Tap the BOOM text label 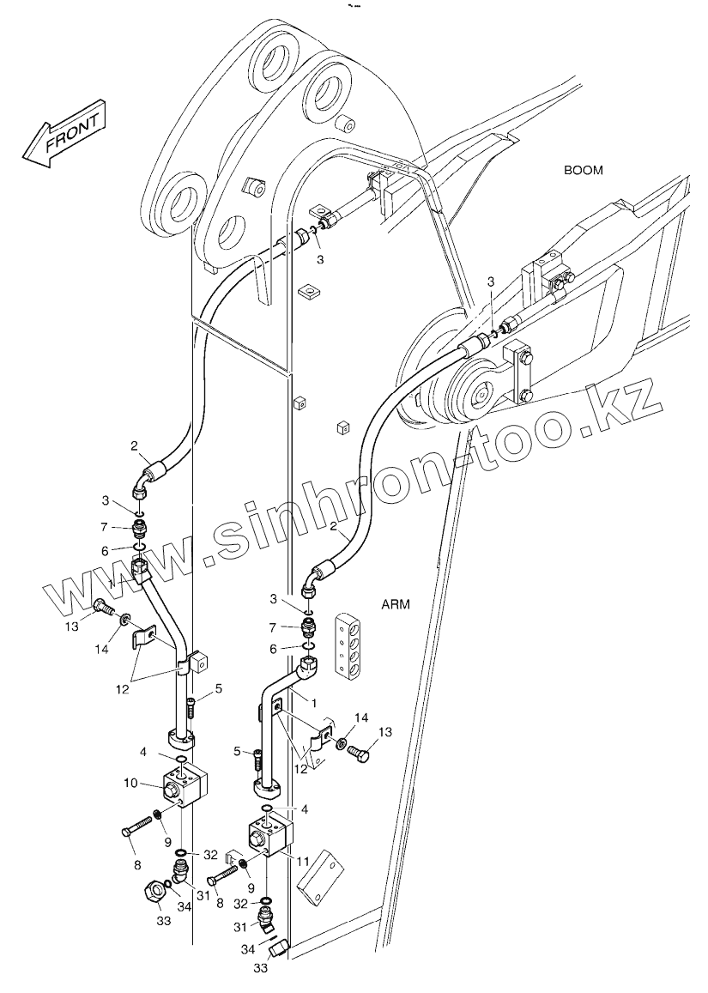(x=583, y=170)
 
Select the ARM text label (x=395, y=604)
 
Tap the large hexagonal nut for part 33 (x=151, y=893)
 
